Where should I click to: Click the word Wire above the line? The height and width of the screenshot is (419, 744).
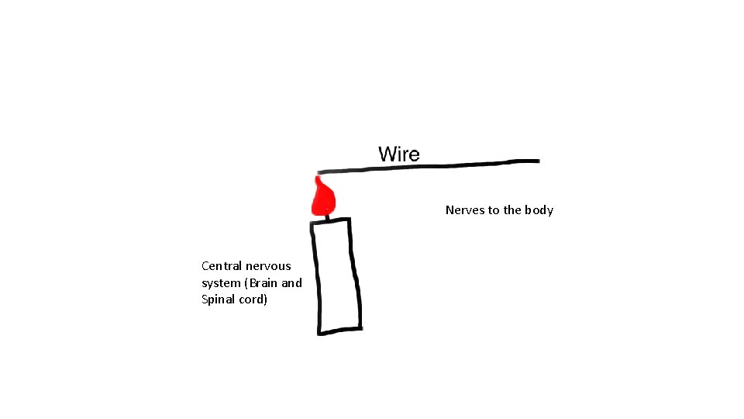tap(399, 154)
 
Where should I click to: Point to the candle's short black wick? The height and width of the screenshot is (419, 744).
tap(327, 217)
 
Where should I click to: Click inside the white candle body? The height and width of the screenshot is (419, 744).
tap(336, 275)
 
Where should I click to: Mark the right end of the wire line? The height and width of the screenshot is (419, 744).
tap(537, 161)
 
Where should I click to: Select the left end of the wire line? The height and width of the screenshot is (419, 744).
tap(319, 171)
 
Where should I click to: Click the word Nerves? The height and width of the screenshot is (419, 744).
tap(464, 210)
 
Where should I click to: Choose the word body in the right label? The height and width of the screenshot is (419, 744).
tap(539, 210)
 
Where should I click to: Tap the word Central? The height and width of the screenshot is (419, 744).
tap(221, 266)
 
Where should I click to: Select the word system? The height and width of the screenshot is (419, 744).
tap(220, 283)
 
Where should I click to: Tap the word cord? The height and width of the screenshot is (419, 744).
tap(255, 300)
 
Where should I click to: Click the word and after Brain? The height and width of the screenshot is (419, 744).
tap(291, 283)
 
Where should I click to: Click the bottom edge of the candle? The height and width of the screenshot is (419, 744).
tap(340, 331)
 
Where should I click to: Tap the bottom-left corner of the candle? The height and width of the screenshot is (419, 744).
tap(319, 333)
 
